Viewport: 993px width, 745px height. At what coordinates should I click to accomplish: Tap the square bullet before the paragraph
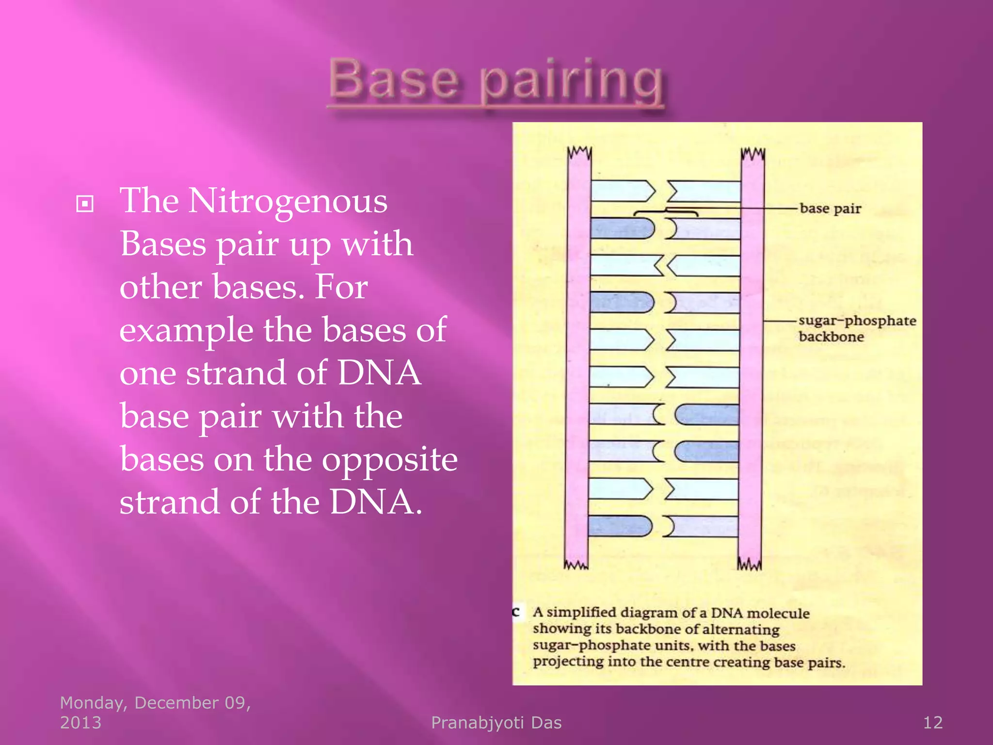coord(85,204)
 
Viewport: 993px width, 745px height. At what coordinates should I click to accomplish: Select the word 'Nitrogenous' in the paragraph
coord(288,201)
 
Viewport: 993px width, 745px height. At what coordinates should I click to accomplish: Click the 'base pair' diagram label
coord(830,209)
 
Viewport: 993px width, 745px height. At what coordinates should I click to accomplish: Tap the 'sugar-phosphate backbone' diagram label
coord(856,328)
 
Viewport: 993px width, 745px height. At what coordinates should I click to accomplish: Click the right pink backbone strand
coord(752,359)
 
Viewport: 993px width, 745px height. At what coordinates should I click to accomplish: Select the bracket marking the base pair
coord(666,212)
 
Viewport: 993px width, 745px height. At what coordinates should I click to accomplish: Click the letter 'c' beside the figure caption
coord(516,612)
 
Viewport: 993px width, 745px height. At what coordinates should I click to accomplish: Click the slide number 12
coord(932,723)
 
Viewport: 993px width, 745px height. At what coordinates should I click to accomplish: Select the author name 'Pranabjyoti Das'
coord(496,723)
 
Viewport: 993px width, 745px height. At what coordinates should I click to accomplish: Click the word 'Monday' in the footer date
coord(92,703)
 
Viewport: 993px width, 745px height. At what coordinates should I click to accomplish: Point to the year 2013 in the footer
coord(80,723)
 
